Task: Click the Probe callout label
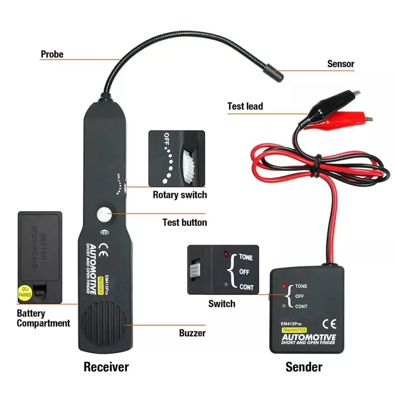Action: [52, 54]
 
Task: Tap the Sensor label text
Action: [341, 64]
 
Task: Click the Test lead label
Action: [245, 106]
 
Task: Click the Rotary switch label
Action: [180, 195]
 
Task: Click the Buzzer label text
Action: [192, 333]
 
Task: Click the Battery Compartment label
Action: [43, 318]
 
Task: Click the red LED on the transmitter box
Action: [283, 286]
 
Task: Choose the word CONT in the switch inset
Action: [246, 287]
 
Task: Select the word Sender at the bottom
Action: [303, 367]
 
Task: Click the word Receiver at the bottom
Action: [106, 367]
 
